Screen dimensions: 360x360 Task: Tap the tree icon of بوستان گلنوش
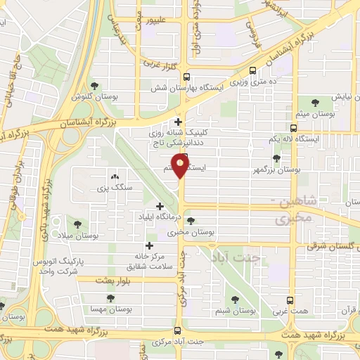pos(94,85)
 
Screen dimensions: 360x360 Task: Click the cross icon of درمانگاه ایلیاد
pos(160,207)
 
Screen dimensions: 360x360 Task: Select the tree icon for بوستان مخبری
pos(191,221)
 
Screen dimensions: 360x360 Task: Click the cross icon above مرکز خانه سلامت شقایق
pos(148,245)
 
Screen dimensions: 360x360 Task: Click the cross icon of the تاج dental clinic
pos(179,122)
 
